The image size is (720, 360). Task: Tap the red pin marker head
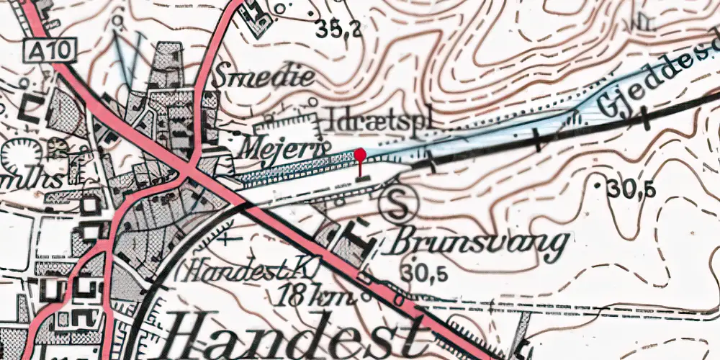point(361,153)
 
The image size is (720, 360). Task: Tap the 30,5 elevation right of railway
point(631,189)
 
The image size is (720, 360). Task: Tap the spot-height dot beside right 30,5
point(600,186)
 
